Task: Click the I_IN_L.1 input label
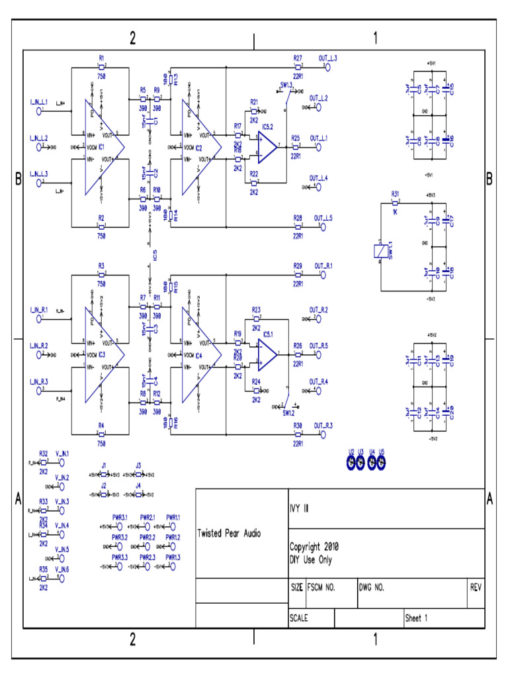coord(38,101)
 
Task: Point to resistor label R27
coord(298,59)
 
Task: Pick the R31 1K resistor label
coord(395,194)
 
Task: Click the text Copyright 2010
coord(314,547)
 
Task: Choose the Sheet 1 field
coord(417,618)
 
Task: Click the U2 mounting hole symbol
coord(352,461)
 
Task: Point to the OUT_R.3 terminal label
coord(323,425)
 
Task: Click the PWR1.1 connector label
coord(173,516)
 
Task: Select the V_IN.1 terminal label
coord(62,454)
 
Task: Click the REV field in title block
coord(476,587)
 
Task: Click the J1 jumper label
coord(104,466)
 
